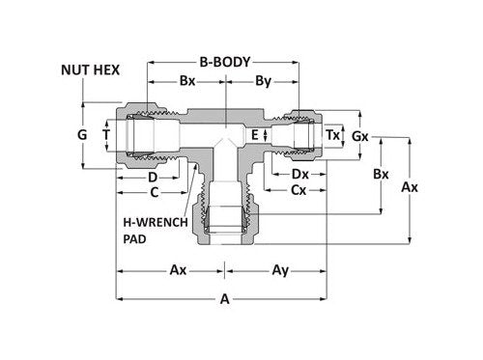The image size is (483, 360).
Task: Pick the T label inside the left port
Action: pos(105,135)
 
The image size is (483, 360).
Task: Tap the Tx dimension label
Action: pos(332,134)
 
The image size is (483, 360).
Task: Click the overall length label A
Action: pos(225,300)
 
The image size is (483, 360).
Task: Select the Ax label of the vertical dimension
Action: pos(410,188)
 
